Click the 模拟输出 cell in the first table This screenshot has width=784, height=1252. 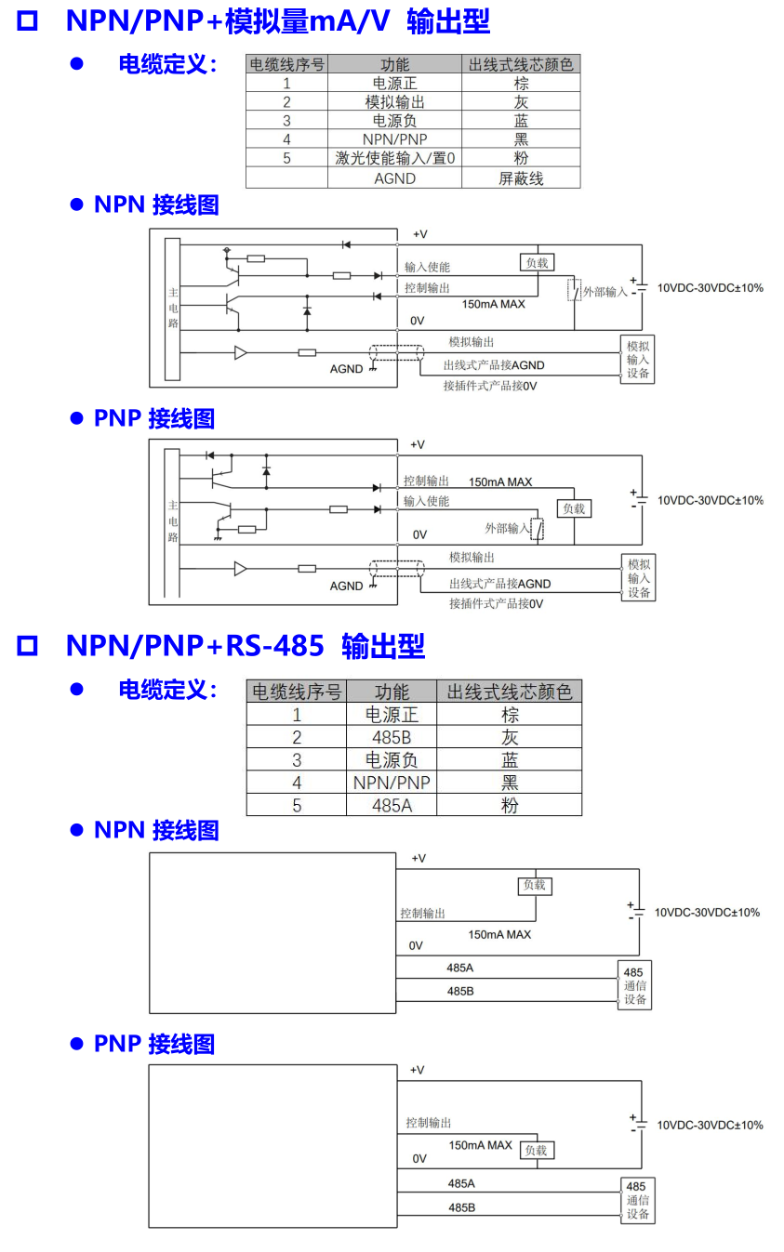pyautogui.click(x=394, y=102)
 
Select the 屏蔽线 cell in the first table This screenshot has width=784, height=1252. pyautogui.click(x=520, y=178)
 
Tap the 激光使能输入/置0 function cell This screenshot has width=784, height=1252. pyautogui.click(x=394, y=158)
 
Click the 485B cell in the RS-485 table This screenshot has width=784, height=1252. pyautogui.click(x=391, y=737)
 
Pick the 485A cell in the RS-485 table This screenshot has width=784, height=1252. pyautogui.click(x=391, y=806)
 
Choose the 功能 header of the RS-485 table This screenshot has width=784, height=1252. pyautogui.click(x=391, y=692)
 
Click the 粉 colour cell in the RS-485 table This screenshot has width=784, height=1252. pyautogui.click(x=509, y=806)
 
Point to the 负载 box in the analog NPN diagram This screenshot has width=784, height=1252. pyautogui.click(x=537, y=262)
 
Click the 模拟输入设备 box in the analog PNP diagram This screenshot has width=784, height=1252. pyautogui.click(x=638, y=578)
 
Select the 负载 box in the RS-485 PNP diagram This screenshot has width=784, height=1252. pyautogui.click(x=536, y=1150)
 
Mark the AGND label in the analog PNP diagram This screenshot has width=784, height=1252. pyautogui.click(x=346, y=586)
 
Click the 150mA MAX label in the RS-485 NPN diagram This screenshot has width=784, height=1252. pyautogui.click(x=499, y=934)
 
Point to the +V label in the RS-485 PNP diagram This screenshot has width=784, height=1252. pyautogui.click(x=417, y=1071)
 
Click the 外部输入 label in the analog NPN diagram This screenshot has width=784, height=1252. pyautogui.click(x=605, y=292)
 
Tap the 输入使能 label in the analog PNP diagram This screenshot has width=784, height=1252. pyautogui.click(x=426, y=501)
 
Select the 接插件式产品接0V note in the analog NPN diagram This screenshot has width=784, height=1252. pyautogui.click(x=490, y=386)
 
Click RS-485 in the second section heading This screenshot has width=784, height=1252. pyautogui.click(x=275, y=645)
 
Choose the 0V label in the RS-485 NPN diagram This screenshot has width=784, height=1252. pyautogui.click(x=416, y=945)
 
